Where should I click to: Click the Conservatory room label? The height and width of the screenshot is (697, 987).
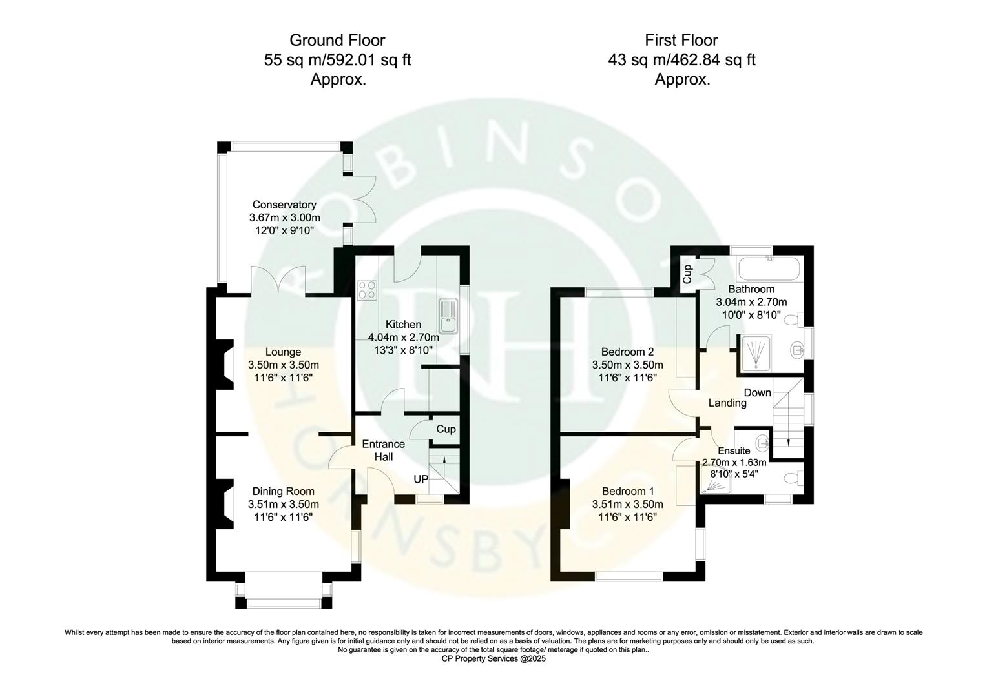pos(284,205)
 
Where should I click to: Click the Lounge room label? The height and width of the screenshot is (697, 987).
pos(283,352)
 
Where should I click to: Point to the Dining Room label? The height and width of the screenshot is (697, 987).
pos(283,491)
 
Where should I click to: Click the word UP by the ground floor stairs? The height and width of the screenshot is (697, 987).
pos(421,480)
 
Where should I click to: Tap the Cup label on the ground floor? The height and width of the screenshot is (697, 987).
pos(446,429)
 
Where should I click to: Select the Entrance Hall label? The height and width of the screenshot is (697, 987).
pos(383,450)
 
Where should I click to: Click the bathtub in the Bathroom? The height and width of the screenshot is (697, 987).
pos(767,266)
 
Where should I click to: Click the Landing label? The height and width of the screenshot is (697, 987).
pos(727,403)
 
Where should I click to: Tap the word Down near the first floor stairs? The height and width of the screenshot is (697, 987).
pos(757,392)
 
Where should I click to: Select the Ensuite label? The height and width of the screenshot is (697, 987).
pos(734,450)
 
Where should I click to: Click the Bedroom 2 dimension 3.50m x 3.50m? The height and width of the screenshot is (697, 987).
pos(627,365)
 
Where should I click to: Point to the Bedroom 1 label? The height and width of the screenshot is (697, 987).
pos(627,491)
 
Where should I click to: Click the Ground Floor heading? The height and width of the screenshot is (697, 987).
pos(337,40)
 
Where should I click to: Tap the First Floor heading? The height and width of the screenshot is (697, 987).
pos(681,40)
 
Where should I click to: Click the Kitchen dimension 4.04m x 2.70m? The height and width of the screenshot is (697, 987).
pos(403,338)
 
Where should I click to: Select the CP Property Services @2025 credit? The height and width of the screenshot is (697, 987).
pos(493,659)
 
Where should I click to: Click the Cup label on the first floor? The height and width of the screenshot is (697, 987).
pos(687,274)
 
